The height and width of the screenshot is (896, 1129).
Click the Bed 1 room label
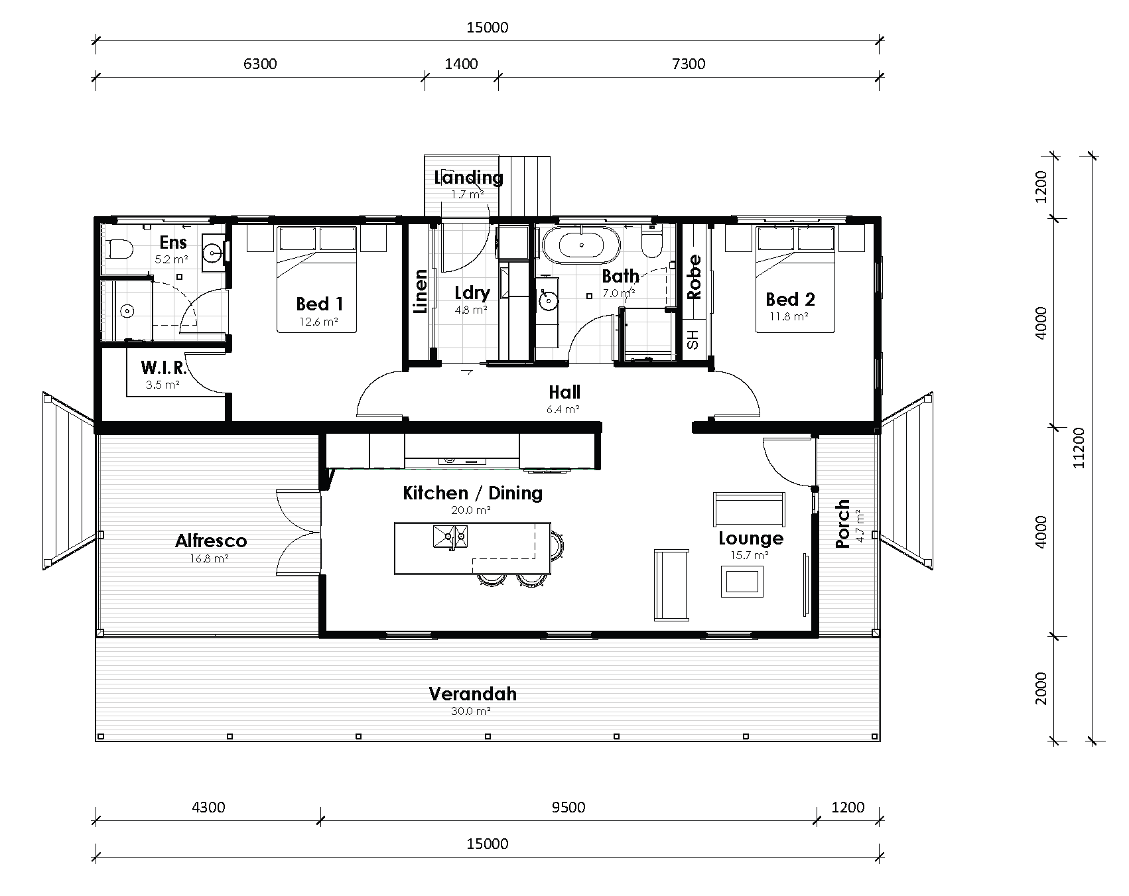coord(320,304)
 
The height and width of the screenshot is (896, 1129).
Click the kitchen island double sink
coord(451,536)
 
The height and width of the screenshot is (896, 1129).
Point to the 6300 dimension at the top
coord(260,64)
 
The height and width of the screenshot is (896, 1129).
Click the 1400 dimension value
coord(461,64)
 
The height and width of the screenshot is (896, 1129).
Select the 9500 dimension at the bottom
coord(568,807)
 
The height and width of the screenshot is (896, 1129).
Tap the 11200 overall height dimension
coord(1079,447)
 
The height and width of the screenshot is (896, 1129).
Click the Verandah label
coord(472,694)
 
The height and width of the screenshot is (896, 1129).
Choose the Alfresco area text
coord(211,541)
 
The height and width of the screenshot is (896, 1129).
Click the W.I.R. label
coord(163,367)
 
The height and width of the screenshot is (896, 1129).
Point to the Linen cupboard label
coord(421,291)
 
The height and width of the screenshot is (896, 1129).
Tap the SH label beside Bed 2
coord(693,340)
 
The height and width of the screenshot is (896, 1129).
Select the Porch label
coord(842,523)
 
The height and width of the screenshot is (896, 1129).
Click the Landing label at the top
coord(468,177)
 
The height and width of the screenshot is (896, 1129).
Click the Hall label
coord(564,392)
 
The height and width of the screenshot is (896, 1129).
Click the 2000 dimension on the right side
coord(1041,688)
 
